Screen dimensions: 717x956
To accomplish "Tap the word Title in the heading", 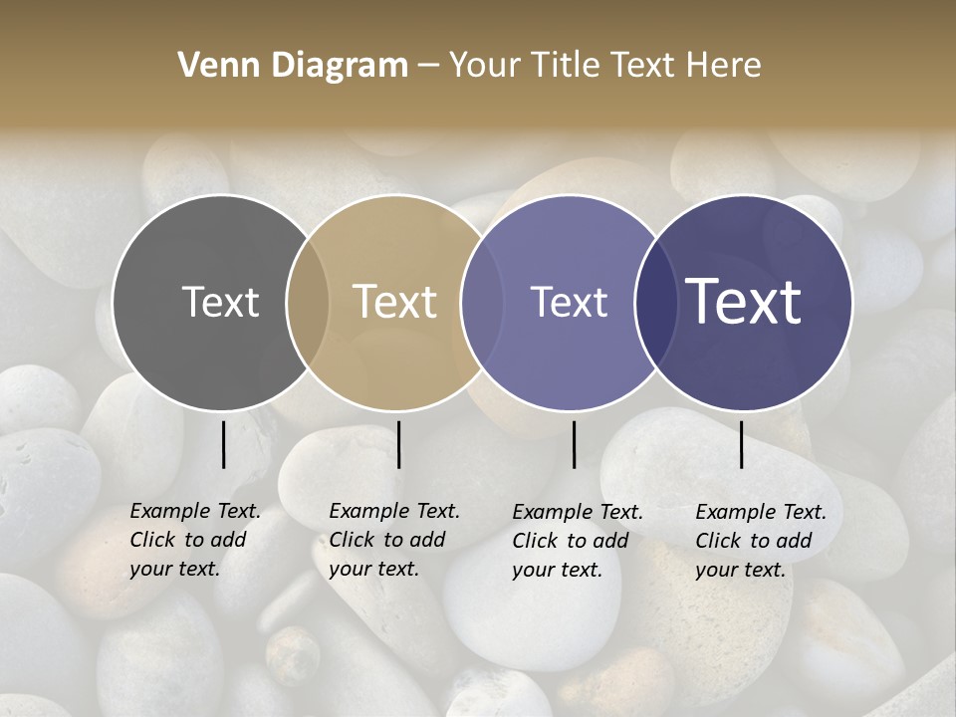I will (x=565, y=66).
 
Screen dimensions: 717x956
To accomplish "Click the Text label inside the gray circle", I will (x=220, y=302).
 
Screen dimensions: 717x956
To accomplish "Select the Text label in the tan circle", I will (x=395, y=302).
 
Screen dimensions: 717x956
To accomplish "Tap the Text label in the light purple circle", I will (x=569, y=302).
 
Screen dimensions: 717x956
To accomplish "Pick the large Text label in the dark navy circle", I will (x=744, y=302).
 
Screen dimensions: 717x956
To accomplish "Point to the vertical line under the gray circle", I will (x=223, y=444).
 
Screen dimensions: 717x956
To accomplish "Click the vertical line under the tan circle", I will (x=398, y=444).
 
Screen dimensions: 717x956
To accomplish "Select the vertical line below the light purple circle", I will (x=574, y=444).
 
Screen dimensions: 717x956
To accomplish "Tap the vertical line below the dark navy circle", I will (x=741, y=444).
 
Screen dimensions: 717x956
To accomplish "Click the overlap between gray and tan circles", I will (x=308, y=302).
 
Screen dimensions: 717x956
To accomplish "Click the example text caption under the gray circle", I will (x=194, y=540).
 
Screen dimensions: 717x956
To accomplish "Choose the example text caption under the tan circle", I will (x=393, y=540).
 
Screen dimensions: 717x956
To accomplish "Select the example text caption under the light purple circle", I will (x=577, y=541).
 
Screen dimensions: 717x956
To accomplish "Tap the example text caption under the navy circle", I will (x=760, y=541).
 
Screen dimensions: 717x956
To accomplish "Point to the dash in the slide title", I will (x=428, y=67).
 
